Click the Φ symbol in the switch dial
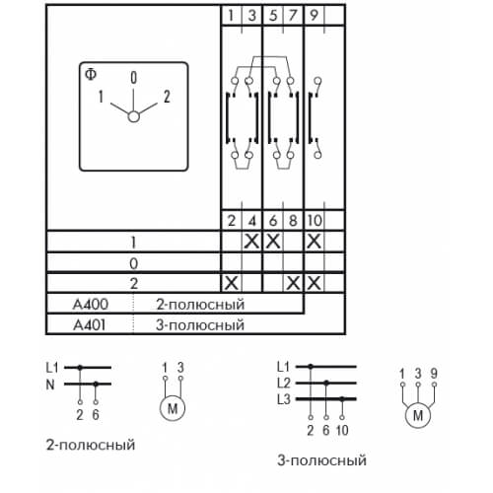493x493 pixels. [91, 75]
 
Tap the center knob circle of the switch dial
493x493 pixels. [133, 116]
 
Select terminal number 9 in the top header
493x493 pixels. [314, 15]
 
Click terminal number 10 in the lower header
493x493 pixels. [315, 220]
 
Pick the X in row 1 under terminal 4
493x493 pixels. [252, 242]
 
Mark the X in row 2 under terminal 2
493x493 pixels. [231, 283]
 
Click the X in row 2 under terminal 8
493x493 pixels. [293, 283]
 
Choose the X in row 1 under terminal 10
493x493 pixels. [314, 242]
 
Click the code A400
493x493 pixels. [91, 305]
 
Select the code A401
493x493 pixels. [90, 325]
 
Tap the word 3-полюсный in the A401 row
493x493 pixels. [200, 325]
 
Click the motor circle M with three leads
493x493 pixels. [418, 415]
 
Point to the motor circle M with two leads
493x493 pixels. [173, 408]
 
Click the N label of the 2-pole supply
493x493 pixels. [50, 385]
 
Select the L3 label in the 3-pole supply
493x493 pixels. [284, 399]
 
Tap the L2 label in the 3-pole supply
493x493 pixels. [284, 383]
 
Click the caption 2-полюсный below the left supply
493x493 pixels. [91, 445]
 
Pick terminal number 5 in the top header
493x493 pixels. [273, 15]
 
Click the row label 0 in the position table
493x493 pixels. [133, 263]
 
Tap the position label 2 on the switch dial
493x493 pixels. [167, 97]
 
